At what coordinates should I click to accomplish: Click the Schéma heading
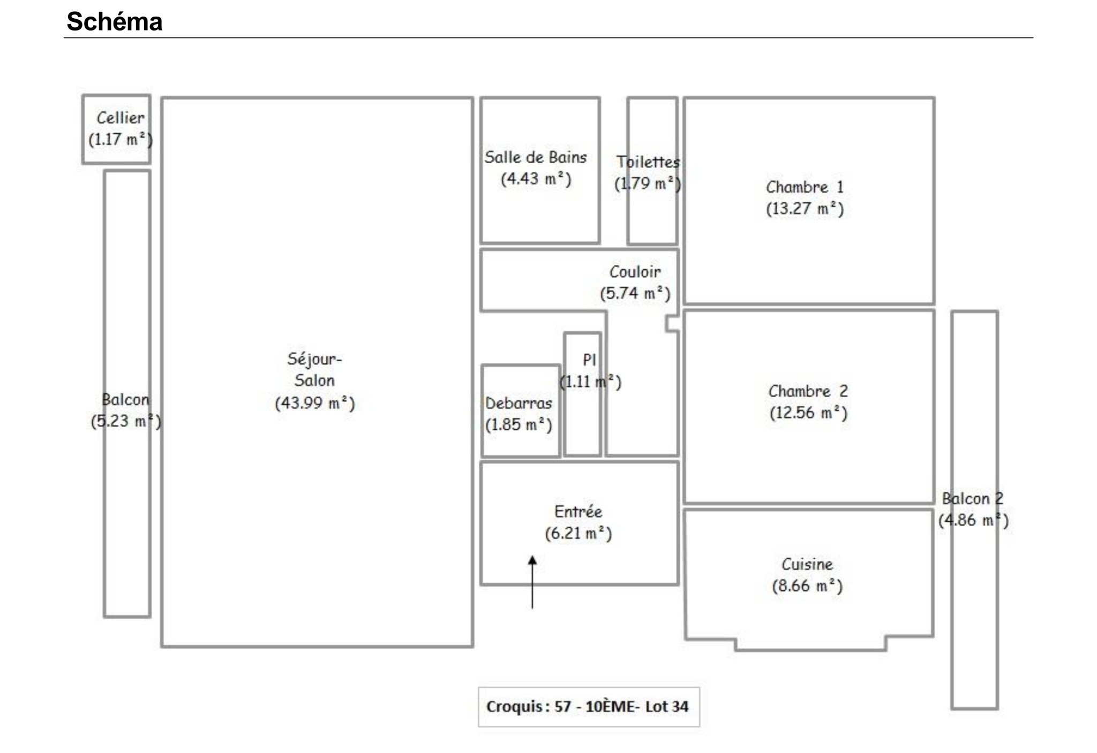click(x=114, y=22)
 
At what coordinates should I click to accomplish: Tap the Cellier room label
click(x=121, y=118)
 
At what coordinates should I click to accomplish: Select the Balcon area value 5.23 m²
click(x=126, y=421)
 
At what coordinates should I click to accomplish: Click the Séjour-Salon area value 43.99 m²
click(x=315, y=403)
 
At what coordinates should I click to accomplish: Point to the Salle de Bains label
click(x=536, y=157)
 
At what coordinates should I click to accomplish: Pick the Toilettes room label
click(x=648, y=162)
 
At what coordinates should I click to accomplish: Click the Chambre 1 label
click(x=805, y=187)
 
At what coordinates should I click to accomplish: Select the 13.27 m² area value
click(x=805, y=209)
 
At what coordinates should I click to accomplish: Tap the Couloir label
click(x=635, y=272)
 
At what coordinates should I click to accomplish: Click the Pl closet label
click(x=589, y=360)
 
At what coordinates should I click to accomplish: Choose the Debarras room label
click(x=519, y=403)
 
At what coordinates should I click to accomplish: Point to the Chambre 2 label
click(x=808, y=391)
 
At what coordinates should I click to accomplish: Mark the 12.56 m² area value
click(x=808, y=413)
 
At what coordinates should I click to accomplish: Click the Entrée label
click(x=578, y=512)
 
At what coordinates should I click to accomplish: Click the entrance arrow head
click(x=532, y=560)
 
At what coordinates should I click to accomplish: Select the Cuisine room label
click(x=807, y=564)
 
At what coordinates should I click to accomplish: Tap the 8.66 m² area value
click(x=807, y=586)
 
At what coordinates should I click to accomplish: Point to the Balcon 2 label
click(x=973, y=499)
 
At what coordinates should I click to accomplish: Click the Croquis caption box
click(x=589, y=707)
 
